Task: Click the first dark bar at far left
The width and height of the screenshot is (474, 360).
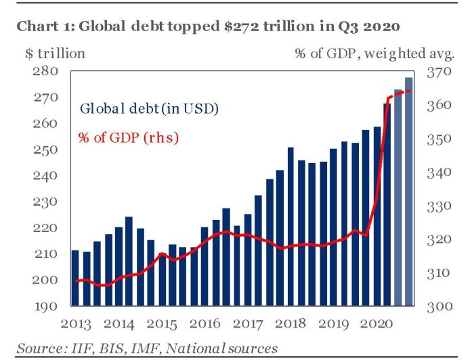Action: coord(75,277)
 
